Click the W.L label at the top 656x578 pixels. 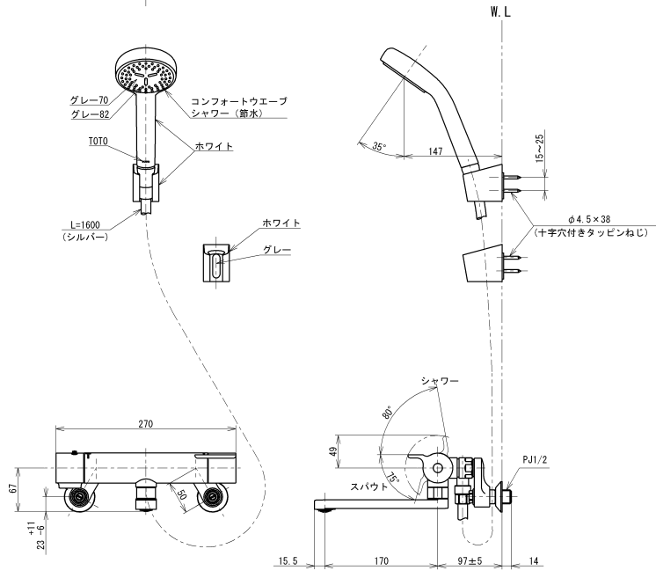[499, 13]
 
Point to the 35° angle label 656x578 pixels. [379, 148]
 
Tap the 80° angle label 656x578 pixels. [389, 413]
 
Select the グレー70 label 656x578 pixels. [90, 100]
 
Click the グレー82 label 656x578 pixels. [90, 114]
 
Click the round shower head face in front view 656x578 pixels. [145, 71]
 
